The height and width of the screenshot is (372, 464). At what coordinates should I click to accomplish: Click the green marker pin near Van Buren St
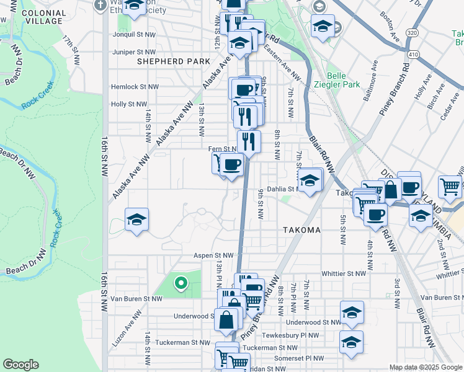(181, 283)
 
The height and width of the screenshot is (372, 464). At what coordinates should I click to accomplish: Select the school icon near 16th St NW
(136, 219)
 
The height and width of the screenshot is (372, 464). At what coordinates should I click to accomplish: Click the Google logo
(21, 365)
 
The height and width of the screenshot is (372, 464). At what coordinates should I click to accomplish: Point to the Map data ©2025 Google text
(425, 367)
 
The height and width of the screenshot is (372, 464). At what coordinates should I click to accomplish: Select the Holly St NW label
(128, 104)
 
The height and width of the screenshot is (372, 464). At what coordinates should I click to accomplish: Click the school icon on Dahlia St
(310, 180)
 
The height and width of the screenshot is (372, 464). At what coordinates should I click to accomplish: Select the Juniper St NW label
(134, 52)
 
